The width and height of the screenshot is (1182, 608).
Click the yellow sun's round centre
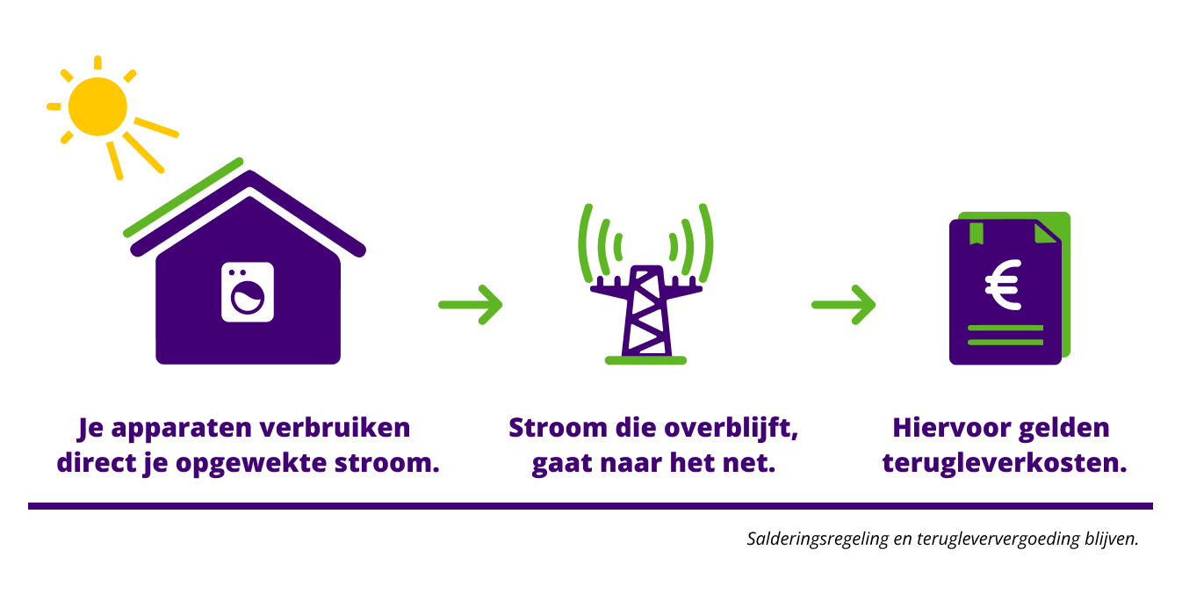[97, 106]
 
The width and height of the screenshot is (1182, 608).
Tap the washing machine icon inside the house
[248, 292]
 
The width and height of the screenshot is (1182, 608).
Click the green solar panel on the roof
[184, 198]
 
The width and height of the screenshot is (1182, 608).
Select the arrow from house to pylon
[471, 304]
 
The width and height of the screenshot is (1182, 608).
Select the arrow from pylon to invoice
[844, 304]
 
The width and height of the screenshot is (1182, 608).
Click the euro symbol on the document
[1003, 285]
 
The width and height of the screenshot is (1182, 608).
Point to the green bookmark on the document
[976, 233]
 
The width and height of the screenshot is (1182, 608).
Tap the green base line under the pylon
[645, 360]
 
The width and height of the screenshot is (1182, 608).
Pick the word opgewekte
[251, 463]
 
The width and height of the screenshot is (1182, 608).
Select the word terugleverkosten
[1005, 463]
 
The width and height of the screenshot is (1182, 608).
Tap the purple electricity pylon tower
[645, 312]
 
